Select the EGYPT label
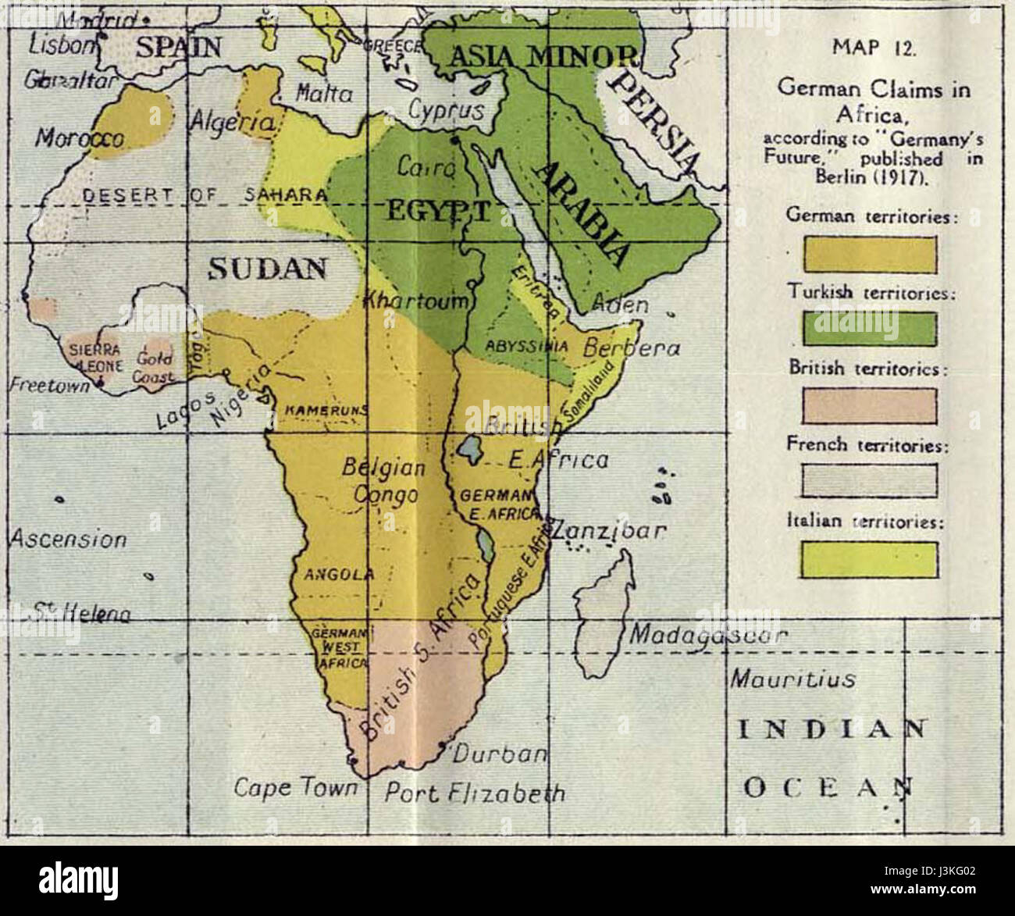pos(433,209)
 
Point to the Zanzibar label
pos(609,531)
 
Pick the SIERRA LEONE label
pos(94,355)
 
